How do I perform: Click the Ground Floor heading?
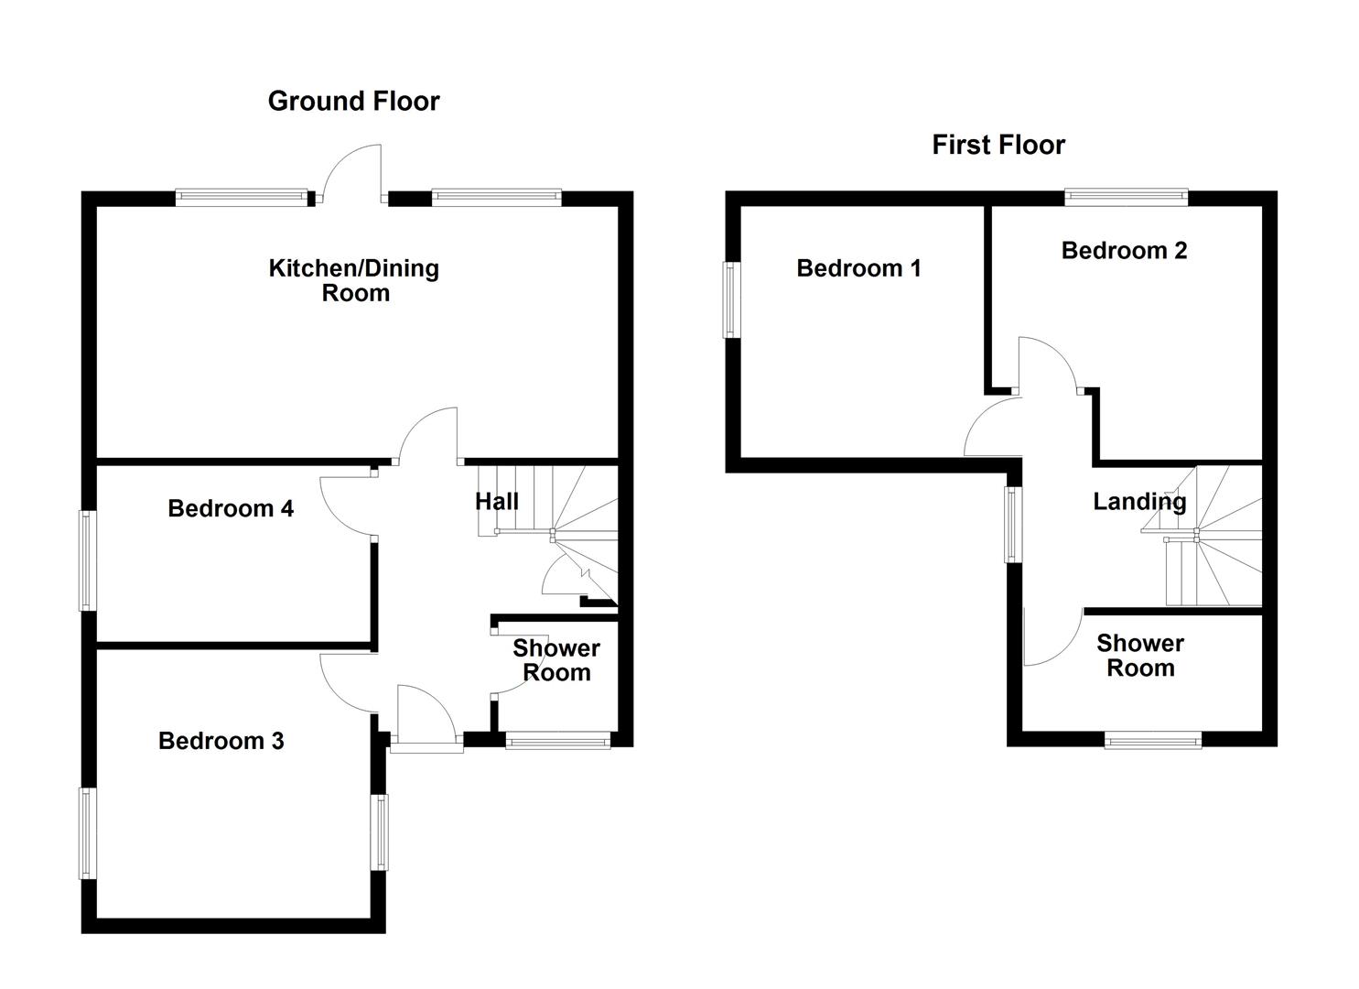click(x=353, y=101)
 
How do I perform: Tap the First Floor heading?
click(x=998, y=145)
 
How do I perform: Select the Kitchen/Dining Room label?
click(x=354, y=280)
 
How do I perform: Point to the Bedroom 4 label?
click(x=231, y=508)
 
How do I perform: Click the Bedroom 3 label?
click(x=221, y=740)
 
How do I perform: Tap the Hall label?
click(x=496, y=501)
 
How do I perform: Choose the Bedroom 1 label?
click(x=857, y=268)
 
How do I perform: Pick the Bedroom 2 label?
click(x=1124, y=250)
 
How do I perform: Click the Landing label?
click(x=1138, y=501)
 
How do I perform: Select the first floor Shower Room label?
click(x=1139, y=656)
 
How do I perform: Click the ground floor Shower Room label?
click(x=555, y=660)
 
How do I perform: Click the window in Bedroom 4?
click(x=88, y=560)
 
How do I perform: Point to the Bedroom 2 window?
click(x=1126, y=197)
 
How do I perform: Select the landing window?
click(x=1013, y=524)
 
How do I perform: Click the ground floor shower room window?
click(x=557, y=740)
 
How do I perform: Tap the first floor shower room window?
click(x=1152, y=740)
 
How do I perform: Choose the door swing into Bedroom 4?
click(x=346, y=505)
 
